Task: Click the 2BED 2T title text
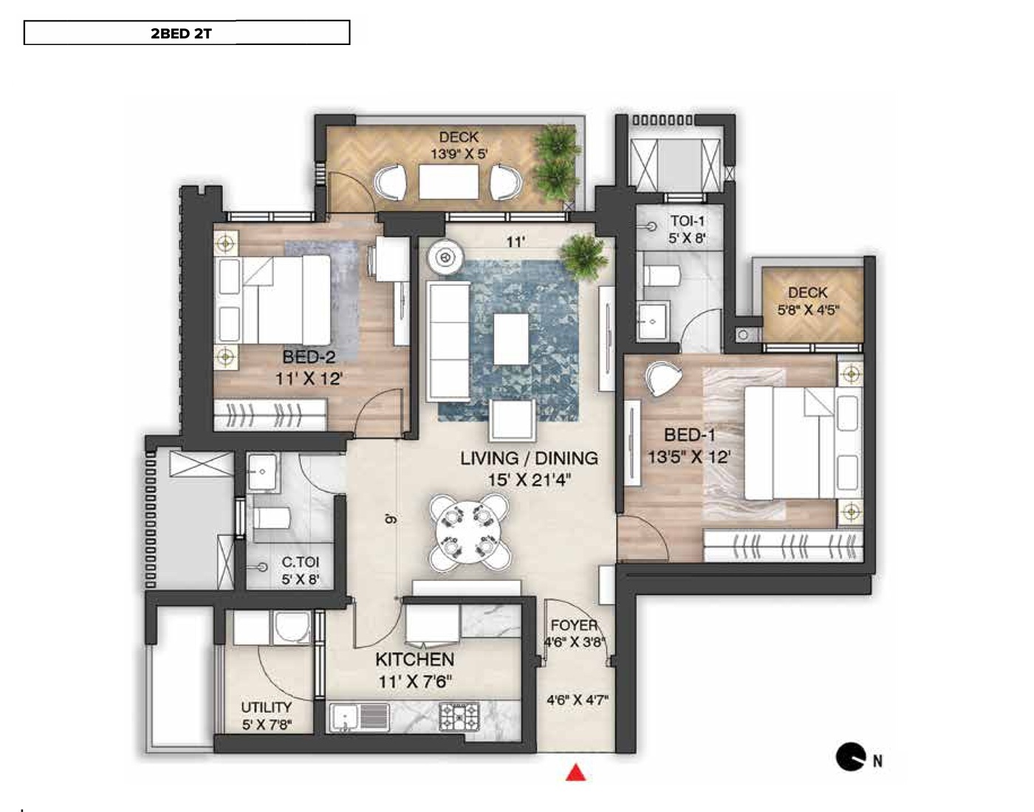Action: point(181,34)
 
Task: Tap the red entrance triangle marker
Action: point(576,773)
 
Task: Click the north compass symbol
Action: point(852,757)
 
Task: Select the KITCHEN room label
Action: point(414,659)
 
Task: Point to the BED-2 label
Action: point(309,357)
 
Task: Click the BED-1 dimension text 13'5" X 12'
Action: point(689,458)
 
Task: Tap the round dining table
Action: point(469,533)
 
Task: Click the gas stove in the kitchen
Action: point(459,716)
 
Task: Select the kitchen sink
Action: point(360,718)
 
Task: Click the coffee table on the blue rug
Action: point(511,339)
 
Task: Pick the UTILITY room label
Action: point(266,707)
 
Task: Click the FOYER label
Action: point(574,625)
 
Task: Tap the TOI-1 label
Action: point(688,221)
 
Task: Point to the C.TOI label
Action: point(301,562)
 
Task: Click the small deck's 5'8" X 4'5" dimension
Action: point(808,311)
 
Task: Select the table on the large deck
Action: point(449,182)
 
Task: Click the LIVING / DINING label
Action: point(529,458)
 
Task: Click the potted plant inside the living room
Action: point(584,257)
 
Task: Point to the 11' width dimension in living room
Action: point(515,242)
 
